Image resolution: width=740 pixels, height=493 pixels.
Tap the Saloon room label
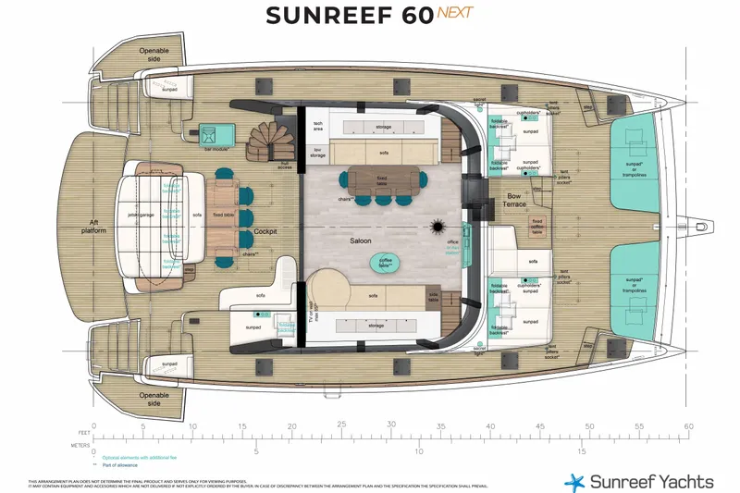tap(361, 240)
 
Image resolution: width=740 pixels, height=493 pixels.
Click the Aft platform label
tap(88, 226)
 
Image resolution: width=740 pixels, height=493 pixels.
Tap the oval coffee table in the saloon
tap(386, 262)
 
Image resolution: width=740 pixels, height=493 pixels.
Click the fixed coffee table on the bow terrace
tap(536, 225)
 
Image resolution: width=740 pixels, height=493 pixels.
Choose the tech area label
tap(318, 127)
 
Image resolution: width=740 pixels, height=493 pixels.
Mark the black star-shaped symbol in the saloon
tap(437, 227)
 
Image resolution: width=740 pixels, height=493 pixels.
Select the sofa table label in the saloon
tap(434, 298)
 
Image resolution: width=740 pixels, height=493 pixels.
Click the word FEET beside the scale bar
tap(85, 432)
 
